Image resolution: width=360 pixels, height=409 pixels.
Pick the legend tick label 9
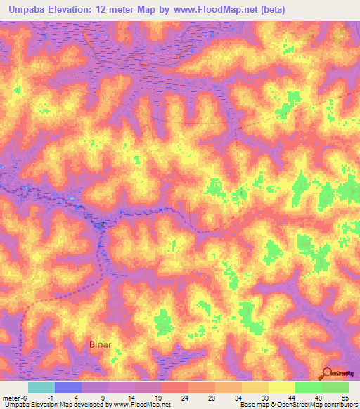(x=104, y=398)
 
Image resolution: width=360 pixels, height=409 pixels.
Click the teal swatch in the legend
(x=41, y=387)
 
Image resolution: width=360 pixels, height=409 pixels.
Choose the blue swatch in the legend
(x=68, y=387)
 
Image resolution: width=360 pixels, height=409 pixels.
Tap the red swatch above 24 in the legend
(x=175, y=387)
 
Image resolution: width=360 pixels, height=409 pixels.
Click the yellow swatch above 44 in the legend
(x=282, y=387)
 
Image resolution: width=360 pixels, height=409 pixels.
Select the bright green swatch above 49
(x=309, y=387)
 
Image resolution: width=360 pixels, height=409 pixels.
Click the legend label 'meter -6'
(x=15, y=398)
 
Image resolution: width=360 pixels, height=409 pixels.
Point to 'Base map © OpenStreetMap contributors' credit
(x=297, y=405)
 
